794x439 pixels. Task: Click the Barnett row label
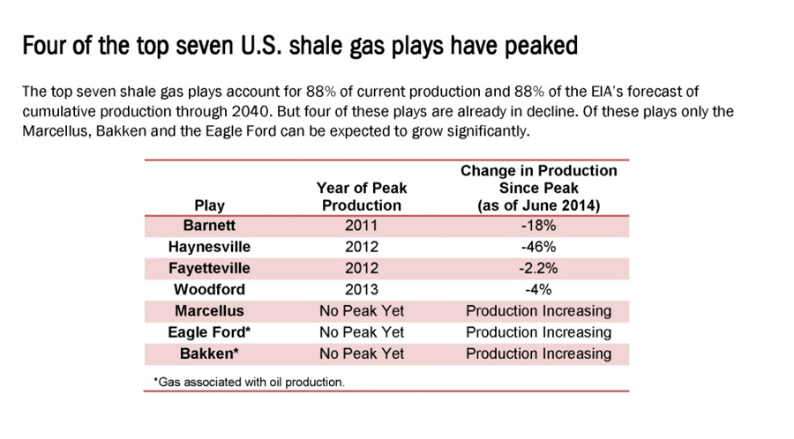point(209,225)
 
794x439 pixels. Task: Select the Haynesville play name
point(209,247)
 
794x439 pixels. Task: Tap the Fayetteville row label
point(209,268)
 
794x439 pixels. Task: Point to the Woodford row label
point(209,289)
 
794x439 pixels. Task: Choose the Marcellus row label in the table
point(209,310)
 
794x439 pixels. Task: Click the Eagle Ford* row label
point(209,332)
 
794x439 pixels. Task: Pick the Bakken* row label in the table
point(209,353)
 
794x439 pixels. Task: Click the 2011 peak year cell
point(361,225)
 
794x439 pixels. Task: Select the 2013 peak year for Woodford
point(361,289)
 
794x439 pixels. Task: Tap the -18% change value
point(538,225)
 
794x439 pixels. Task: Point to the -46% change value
point(538,247)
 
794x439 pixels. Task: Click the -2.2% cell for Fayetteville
point(538,268)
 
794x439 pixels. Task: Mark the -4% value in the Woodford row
point(538,289)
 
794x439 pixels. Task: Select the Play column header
point(209,205)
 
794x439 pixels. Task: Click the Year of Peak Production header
point(362,197)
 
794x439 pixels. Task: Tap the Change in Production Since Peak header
point(539,188)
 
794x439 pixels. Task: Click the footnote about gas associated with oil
point(249,382)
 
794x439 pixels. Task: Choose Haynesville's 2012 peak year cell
point(361,247)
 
